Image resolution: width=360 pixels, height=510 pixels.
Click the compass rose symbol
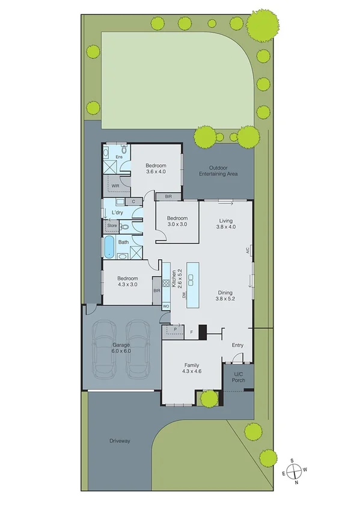[x=293, y=470]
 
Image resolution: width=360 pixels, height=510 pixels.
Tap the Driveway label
[x=120, y=441]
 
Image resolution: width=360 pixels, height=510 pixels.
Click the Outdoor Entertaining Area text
[x=219, y=171]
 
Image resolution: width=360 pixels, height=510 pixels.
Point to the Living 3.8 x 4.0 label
[x=227, y=224]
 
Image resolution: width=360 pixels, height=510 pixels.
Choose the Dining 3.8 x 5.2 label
[x=227, y=295]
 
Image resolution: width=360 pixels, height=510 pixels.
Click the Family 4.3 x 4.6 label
[x=192, y=369]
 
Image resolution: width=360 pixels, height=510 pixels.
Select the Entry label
[x=238, y=345]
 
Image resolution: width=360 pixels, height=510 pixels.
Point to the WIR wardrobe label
[x=115, y=186]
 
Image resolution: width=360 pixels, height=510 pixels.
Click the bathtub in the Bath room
[x=109, y=247]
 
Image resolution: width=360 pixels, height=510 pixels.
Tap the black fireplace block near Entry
[x=203, y=331]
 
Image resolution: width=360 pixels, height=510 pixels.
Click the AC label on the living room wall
[x=247, y=250]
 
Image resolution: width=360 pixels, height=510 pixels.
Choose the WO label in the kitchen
[x=166, y=306]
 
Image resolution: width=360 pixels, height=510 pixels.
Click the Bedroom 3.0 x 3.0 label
[x=177, y=221]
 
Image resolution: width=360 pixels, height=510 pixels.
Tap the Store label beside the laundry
[x=112, y=226]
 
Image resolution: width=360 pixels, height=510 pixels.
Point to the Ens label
[x=119, y=156]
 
